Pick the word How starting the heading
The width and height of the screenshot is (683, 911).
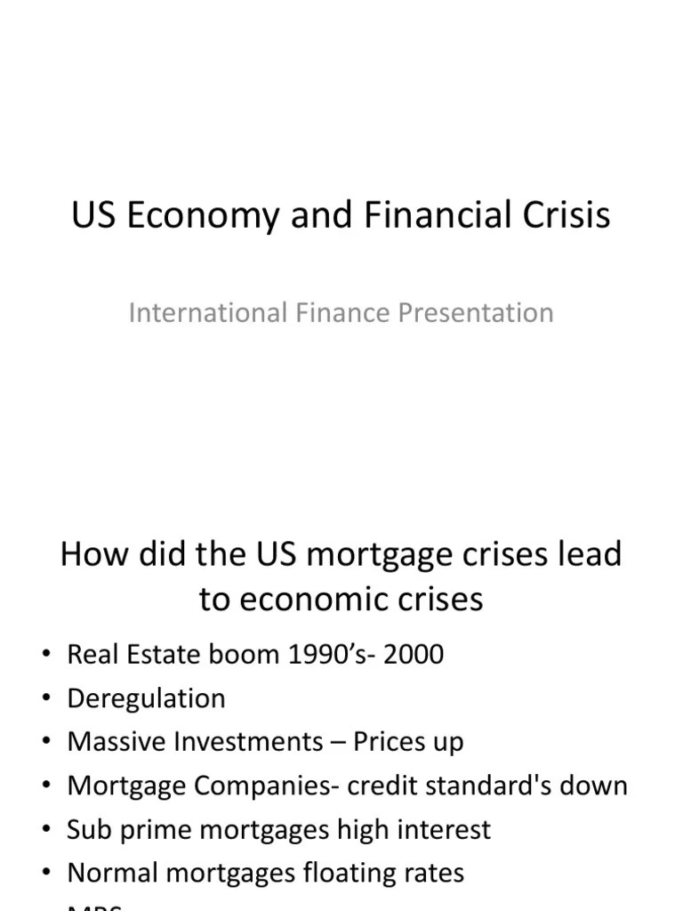[x=93, y=554]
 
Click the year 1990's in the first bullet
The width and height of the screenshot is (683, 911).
[x=312, y=655]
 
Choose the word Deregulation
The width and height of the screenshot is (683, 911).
[x=146, y=698]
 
